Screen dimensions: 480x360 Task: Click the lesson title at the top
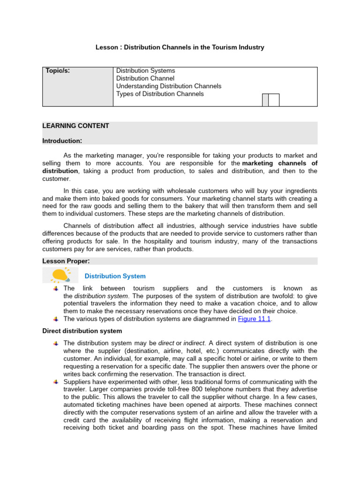pos(180,47)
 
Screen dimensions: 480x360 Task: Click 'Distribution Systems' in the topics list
pos(145,71)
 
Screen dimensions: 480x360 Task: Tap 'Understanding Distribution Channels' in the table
pos(169,86)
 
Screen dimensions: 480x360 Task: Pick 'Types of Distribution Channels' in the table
pos(160,94)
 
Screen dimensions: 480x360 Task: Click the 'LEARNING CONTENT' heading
pos(75,126)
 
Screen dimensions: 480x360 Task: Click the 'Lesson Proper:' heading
pos(66,261)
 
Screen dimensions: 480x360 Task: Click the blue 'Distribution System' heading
pos(115,277)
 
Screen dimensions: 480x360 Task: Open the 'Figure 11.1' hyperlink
pos(255,319)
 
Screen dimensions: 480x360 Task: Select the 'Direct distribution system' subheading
pos(82,331)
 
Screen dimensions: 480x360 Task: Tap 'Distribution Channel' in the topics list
pos(145,78)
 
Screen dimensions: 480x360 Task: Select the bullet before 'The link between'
pos(56,289)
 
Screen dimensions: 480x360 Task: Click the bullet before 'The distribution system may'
pos(56,344)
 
